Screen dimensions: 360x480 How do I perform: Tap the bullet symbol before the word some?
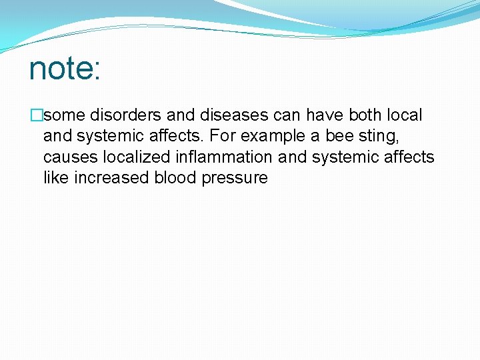[35, 115]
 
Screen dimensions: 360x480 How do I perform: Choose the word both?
[361, 115]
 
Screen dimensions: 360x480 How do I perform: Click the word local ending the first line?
[403, 115]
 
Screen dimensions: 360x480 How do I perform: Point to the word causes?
[68, 158]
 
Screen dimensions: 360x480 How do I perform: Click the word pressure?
[234, 179]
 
